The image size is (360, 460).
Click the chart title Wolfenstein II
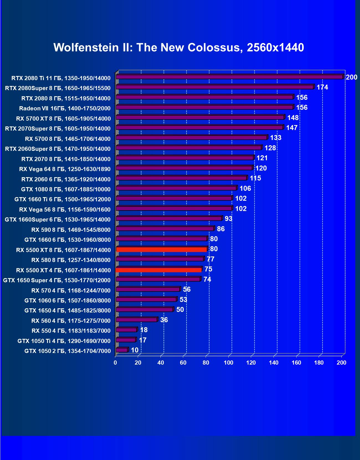click(x=178, y=47)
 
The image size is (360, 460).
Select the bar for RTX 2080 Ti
click(x=229, y=77)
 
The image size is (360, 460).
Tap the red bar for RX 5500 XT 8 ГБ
click(x=161, y=250)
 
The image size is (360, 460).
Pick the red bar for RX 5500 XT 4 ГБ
click(x=159, y=270)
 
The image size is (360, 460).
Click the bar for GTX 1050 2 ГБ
click(x=122, y=350)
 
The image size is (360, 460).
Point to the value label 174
click(x=322, y=87)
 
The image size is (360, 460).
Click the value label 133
click(x=276, y=138)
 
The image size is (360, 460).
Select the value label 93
click(x=228, y=219)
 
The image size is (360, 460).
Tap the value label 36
click(x=164, y=320)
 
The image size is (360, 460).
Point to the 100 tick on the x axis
click(x=228, y=363)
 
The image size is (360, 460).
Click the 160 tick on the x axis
click(x=296, y=363)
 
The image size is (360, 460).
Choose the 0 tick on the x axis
click(x=115, y=363)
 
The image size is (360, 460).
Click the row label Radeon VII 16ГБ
click(x=65, y=108)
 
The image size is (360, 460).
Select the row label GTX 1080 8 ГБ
click(x=66, y=189)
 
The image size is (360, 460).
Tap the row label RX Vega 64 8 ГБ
click(x=65, y=169)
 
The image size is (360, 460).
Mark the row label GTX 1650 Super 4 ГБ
click(x=57, y=280)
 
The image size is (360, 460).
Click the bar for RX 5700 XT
click(x=200, y=117)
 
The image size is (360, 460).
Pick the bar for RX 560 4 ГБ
click(x=137, y=320)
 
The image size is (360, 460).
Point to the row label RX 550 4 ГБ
click(x=71, y=331)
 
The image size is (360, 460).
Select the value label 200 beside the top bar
click(x=351, y=77)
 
